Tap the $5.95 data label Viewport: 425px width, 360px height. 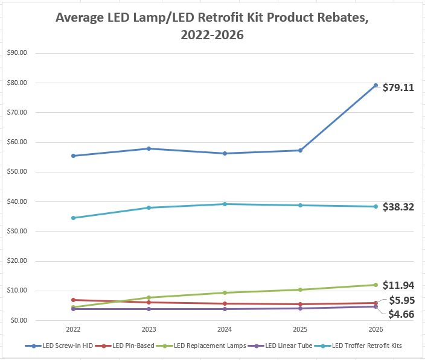coord(401,300)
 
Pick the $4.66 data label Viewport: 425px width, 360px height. coord(401,314)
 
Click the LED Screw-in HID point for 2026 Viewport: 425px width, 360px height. coord(375,86)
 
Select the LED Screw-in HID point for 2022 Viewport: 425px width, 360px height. coord(73,156)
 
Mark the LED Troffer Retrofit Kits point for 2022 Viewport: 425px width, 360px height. coord(73,218)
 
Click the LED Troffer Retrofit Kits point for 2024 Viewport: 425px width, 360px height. coord(225,204)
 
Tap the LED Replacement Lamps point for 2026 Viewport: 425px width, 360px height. coord(375,285)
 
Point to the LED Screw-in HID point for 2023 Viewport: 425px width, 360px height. coord(149,148)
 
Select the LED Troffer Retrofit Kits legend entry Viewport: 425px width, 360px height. coord(367,346)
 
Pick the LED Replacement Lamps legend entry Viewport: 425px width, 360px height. coord(209,346)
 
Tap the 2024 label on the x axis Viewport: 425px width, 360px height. coord(225,330)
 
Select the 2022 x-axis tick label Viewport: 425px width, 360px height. coord(73,330)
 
